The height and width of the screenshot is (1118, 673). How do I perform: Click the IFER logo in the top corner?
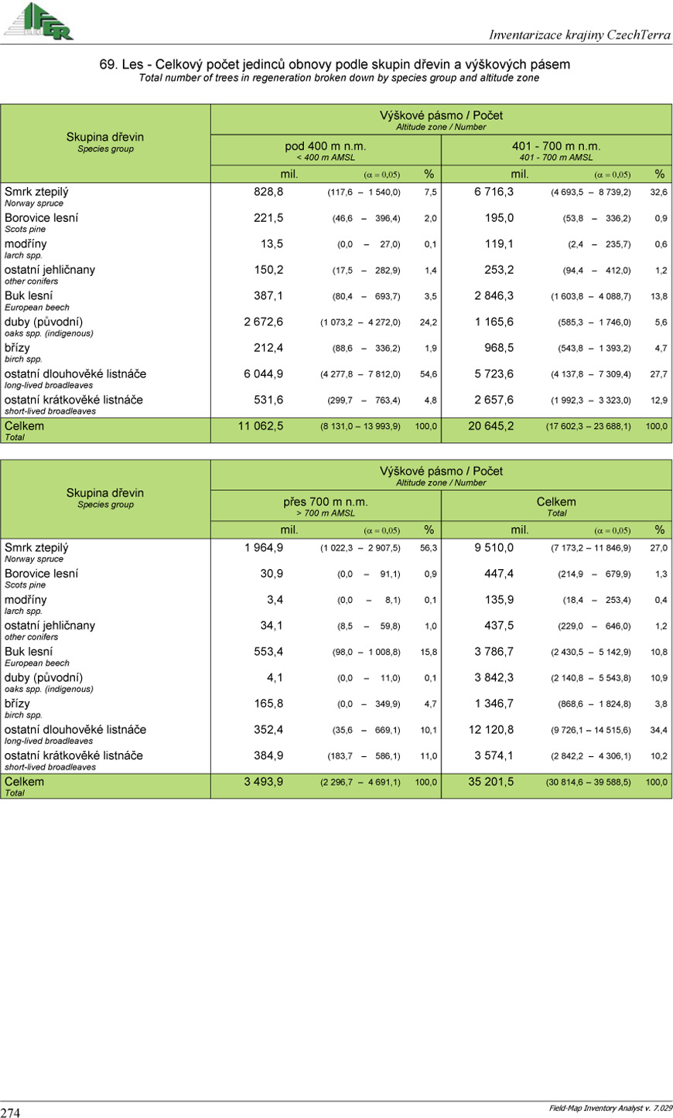point(39,21)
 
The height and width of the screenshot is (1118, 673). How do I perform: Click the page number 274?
point(11,1112)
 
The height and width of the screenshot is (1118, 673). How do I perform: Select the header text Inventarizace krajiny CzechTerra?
point(579,35)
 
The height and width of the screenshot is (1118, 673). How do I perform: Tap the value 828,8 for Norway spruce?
point(268,192)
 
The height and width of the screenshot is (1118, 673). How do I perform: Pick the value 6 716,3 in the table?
point(494,192)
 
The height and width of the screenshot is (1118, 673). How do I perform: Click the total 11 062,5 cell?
point(260,426)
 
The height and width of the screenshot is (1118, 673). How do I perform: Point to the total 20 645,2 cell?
point(490,426)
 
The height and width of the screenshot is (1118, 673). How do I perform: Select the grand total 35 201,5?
point(490,782)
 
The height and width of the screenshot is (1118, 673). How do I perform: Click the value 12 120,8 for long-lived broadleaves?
point(490,730)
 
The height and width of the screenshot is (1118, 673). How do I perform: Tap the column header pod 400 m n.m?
point(325,146)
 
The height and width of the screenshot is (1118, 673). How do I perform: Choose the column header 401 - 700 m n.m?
point(555,146)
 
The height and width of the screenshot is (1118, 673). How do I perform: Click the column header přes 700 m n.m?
point(325,502)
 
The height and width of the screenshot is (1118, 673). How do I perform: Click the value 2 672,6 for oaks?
point(263,322)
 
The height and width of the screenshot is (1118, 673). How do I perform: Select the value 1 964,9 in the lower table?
point(263,547)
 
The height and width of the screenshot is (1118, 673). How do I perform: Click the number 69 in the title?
point(108,64)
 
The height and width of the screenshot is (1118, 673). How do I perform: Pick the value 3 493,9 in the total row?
point(263,782)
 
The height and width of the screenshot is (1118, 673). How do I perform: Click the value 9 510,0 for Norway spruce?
point(494,547)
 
